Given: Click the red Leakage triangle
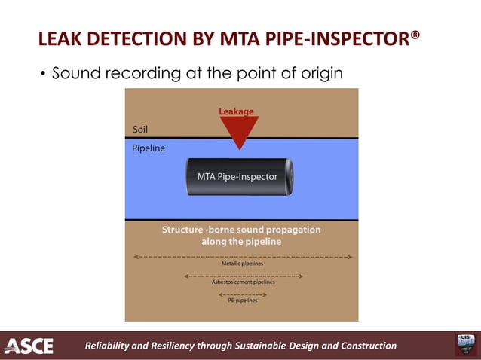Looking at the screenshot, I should [239, 130].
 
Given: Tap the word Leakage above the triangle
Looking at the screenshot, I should [236, 111].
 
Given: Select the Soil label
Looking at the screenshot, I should [140, 129].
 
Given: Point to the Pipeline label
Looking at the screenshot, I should [149, 148].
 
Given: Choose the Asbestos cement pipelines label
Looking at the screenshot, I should [243, 282].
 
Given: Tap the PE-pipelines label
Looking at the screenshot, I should [243, 300].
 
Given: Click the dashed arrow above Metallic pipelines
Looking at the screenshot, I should [243, 257].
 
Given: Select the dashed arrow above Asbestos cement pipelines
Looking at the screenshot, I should [243, 276].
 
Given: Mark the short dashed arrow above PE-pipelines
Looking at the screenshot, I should [243, 294].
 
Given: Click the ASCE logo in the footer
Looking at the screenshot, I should [29, 346].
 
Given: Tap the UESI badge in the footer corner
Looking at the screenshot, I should [464, 344].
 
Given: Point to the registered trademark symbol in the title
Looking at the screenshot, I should [415, 34].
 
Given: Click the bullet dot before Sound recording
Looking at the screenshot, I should [42, 74].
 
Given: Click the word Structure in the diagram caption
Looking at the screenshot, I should [187, 230].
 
